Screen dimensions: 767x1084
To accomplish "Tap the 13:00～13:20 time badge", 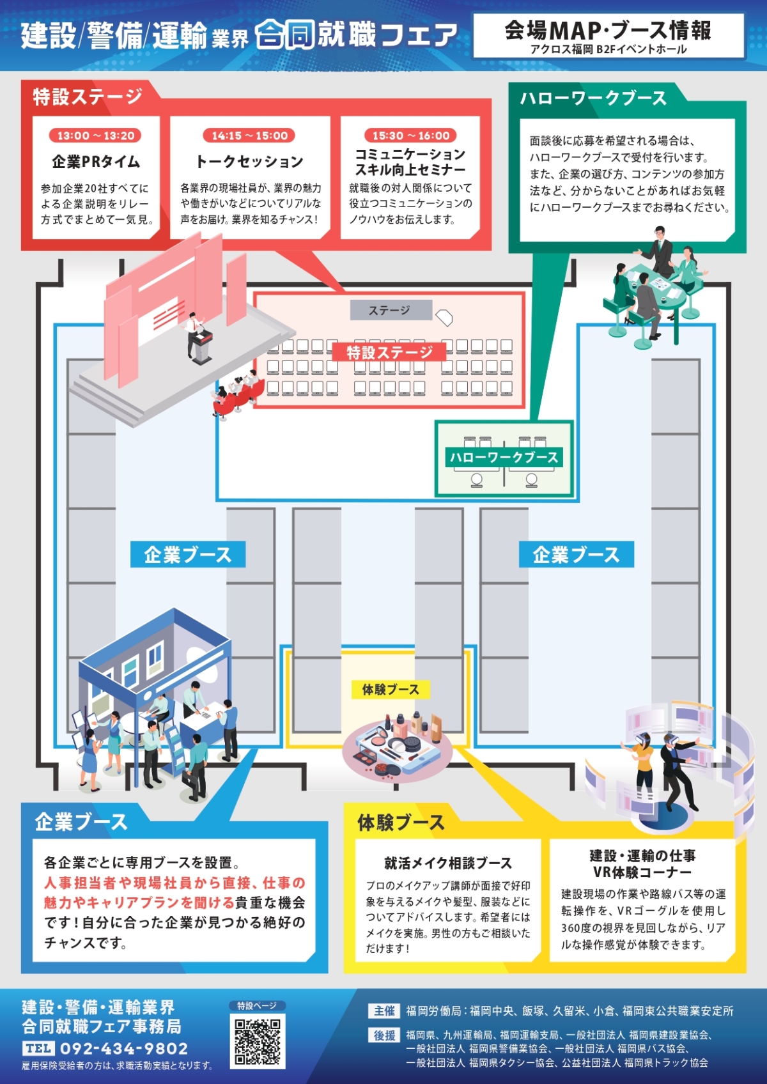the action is coord(95,135).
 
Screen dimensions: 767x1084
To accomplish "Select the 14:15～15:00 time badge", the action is coord(250,135).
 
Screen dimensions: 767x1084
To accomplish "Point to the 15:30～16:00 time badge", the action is coord(411,135).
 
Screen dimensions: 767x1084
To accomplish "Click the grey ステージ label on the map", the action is coord(391,310).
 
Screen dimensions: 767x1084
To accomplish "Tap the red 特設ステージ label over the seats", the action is coord(389,352).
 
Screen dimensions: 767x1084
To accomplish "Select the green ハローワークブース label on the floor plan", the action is coord(504,458).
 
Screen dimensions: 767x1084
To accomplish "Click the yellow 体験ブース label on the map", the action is coord(391,690).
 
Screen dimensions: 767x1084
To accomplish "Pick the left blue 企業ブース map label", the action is coord(188,555).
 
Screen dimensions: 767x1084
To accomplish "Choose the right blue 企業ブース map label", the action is coord(577,555).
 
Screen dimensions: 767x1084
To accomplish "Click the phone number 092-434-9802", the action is coord(124,1049).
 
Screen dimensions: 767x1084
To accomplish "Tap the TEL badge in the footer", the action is coord(38,1049).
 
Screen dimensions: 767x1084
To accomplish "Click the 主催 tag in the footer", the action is coord(384,1011).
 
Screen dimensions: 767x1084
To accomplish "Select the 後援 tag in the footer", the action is coord(384,1035).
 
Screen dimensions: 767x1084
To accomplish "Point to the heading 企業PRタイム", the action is coord(96,162).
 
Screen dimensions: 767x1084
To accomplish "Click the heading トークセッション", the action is coord(249,162).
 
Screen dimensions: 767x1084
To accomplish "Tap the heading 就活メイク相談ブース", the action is coord(447,863).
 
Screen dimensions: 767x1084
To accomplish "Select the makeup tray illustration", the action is coord(397,745).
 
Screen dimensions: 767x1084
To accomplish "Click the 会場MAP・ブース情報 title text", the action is coord(608,31).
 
